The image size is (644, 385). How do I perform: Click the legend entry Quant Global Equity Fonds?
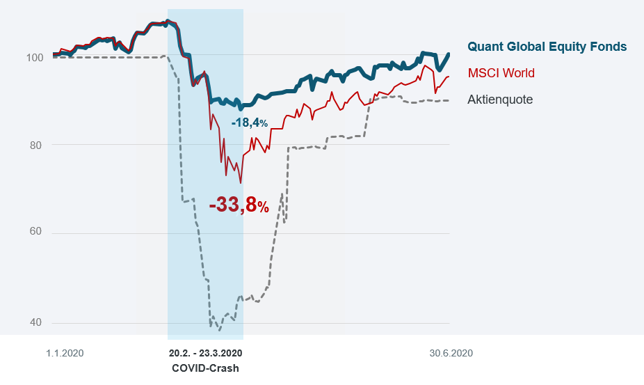pyautogui.click(x=547, y=47)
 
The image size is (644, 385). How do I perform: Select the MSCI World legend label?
pyautogui.click(x=501, y=73)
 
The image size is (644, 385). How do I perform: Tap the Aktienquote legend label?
pyautogui.click(x=499, y=100)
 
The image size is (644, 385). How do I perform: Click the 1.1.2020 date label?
pyautogui.click(x=65, y=353)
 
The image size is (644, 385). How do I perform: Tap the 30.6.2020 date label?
pyautogui.click(x=451, y=353)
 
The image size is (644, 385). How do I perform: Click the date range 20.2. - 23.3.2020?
pyautogui.click(x=205, y=353)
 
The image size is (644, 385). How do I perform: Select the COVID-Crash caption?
pyautogui.click(x=205, y=368)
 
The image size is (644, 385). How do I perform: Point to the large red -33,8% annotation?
pyautogui.click(x=239, y=205)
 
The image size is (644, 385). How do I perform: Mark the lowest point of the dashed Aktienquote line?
pyautogui.click(x=220, y=330)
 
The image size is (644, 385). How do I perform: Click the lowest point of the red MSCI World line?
pyautogui.click(x=241, y=183)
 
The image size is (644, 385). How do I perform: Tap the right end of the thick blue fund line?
pyautogui.click(x=449, y=54)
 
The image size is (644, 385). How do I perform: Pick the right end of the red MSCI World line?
pyautogui.click(x=449, y=77)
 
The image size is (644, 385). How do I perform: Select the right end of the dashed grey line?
pyautogui.click(x=449, y=100)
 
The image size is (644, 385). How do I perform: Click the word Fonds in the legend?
pyautogui.click(x=609, y=47)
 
